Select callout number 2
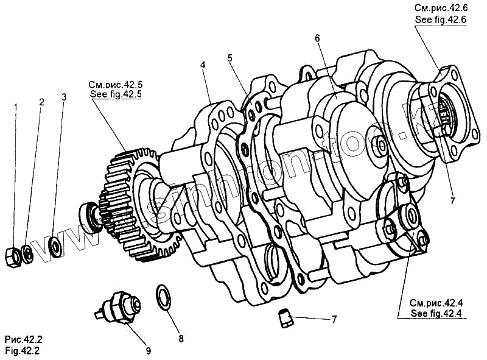[x=41, y=102]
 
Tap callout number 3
[x=64, y=97]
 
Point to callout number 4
[x=203, y=64]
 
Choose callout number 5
[x=229, y=58]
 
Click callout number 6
[x=317, y=38]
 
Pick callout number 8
[x=180, y=338]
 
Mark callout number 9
[x=149, y=350]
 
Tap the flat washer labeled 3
[x=55, y=245]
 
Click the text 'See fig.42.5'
[x=115, y=95]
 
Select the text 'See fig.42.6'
[x=440, y=19]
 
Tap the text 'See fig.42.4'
[x=436, y=314]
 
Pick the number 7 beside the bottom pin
[x=334, y=319]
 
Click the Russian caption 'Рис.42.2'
[x=24, y=339]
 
